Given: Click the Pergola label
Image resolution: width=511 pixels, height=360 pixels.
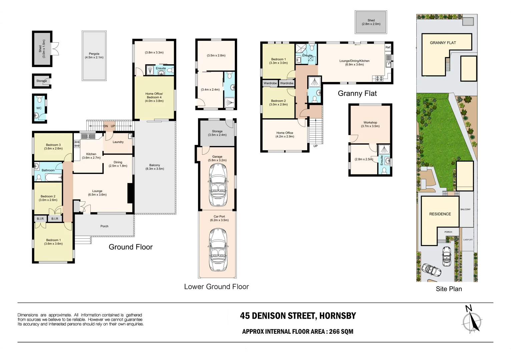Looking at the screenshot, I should (x=94, y=55).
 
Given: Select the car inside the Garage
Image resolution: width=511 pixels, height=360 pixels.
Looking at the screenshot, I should (x=217, y=185).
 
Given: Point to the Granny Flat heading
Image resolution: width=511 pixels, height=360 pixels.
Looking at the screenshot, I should (x=357, y=94).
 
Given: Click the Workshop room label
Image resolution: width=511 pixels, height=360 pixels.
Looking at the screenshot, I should (x=370, y=124).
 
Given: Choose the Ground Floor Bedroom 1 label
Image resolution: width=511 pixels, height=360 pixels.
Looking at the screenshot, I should (x=53, y=242).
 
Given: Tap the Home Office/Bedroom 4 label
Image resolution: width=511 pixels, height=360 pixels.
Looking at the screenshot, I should (x=154, y=97).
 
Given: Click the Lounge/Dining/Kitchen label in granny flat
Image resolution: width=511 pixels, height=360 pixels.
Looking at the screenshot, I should (x=354, y=63).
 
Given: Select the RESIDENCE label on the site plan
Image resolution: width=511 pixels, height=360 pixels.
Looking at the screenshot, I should (x=440, y=214).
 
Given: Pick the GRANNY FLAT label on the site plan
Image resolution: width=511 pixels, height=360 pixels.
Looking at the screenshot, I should (x=443, y=43).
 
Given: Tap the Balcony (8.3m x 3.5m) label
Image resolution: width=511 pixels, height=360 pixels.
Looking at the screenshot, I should (x=155, y=167).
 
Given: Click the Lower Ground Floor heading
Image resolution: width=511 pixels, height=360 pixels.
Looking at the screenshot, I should (x=216, y=287).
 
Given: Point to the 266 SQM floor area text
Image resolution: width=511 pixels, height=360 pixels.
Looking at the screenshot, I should (x=341, y=332).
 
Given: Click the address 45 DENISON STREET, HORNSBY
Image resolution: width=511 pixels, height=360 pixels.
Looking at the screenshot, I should (x=298, y=316).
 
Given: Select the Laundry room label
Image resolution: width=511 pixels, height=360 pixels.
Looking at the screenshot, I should (x=118, y=142).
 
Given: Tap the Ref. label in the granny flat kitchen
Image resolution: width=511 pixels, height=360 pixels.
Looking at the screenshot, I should (x=388, y=47).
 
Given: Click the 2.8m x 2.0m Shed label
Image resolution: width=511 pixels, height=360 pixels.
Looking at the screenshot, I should (x=371, y=22).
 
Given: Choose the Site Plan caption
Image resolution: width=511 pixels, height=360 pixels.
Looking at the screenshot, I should (x=449, y=289).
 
